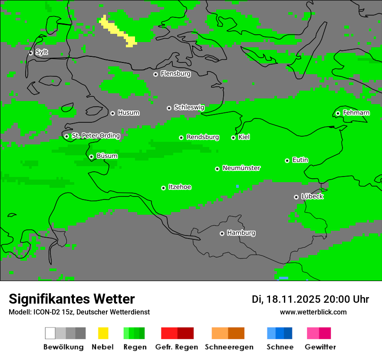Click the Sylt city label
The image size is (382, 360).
click(42, 52)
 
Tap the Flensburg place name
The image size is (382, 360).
click(175, 74)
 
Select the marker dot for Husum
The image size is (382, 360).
click(112, 113)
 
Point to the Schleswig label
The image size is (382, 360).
click(189, 107)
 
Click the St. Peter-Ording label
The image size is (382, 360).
click(95, 136)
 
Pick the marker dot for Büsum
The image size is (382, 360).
click(91, 157)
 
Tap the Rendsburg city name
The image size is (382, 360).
click(203, 137)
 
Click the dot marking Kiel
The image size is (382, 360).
click(233, 137)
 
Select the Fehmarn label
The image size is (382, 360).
click(356, 113)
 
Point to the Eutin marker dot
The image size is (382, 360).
click(287, 160)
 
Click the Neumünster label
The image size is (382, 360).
click(241, 168)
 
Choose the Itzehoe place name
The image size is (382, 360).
click(180, 187)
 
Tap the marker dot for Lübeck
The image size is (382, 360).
click(296, 197)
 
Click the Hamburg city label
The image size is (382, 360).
click(241, 233)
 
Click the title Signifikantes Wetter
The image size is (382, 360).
click(72, 299)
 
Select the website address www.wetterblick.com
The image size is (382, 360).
click(313, 312)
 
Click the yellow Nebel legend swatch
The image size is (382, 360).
click(103, 333)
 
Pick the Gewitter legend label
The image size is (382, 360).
click(320, 347)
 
